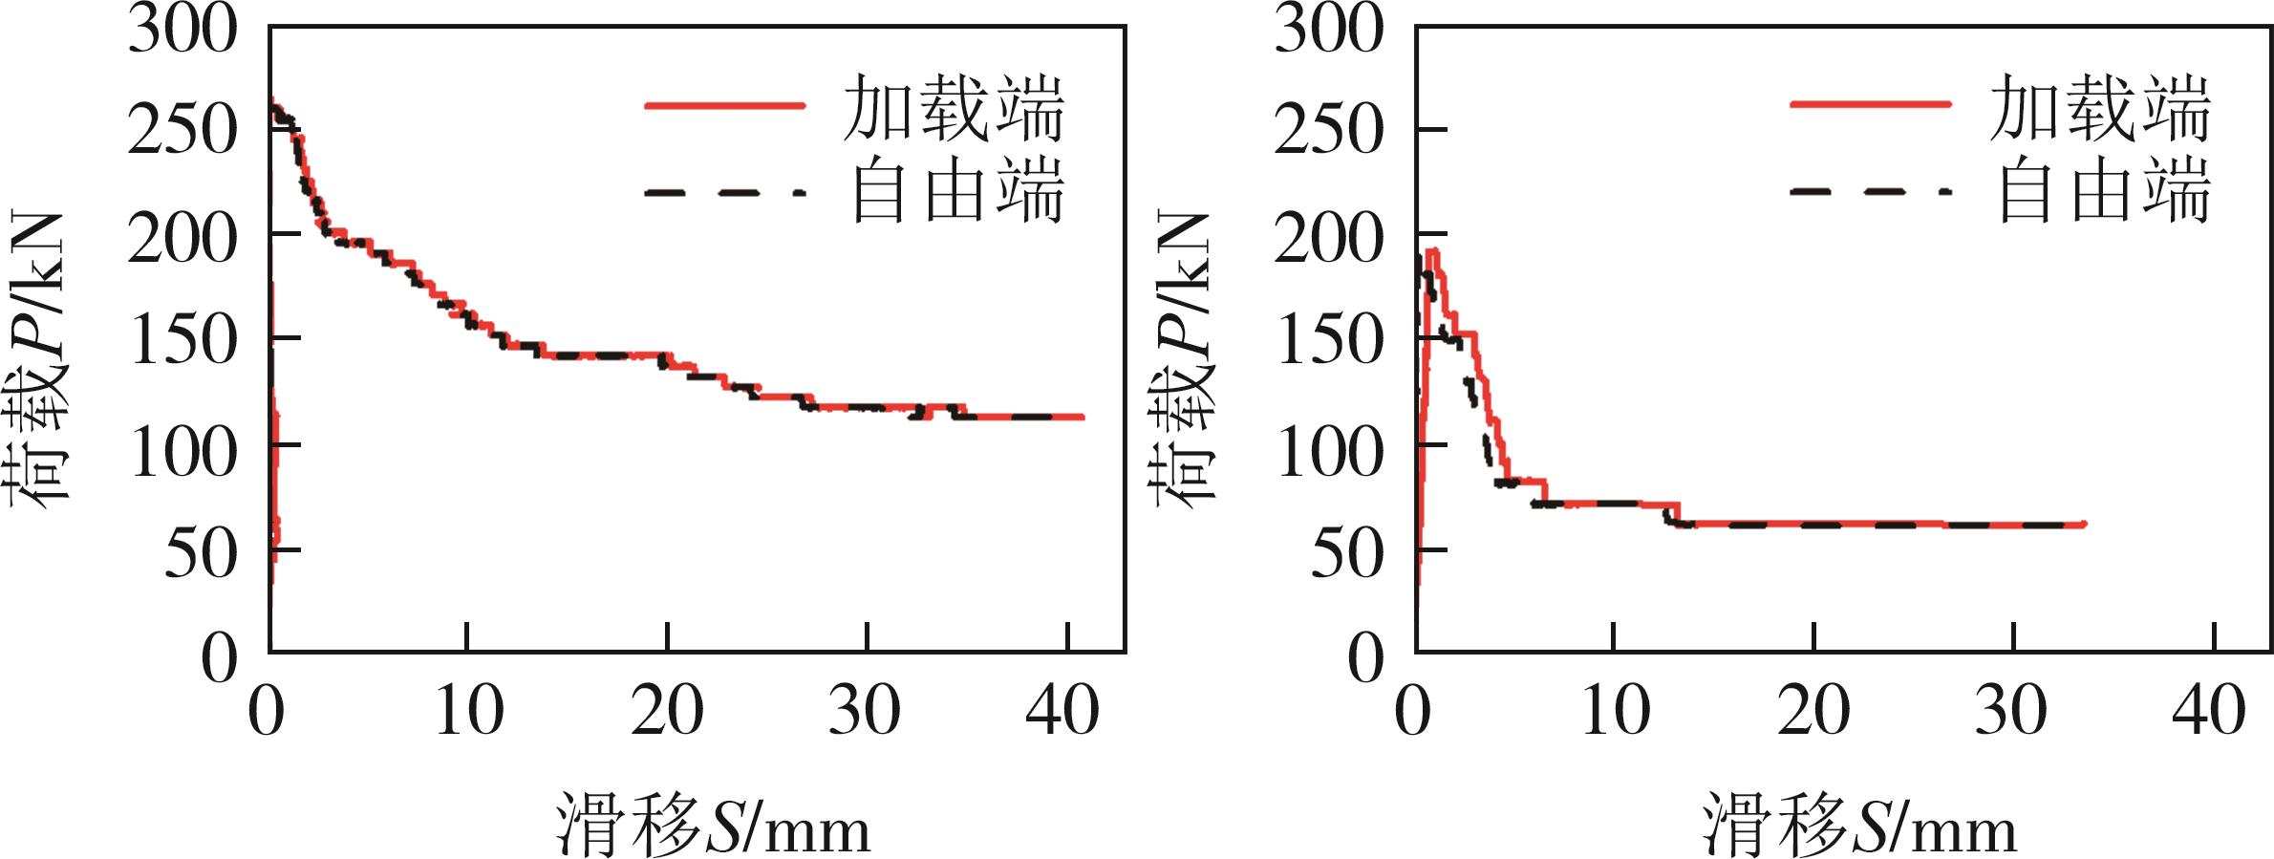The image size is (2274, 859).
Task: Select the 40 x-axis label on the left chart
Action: tap(1062, 712)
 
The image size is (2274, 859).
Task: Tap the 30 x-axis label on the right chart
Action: tap(2010, 712)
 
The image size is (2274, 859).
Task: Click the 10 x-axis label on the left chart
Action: tap(468, 712)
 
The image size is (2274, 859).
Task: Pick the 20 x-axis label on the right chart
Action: tap(1813, 712)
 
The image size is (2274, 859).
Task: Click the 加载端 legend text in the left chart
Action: tap(953, 108)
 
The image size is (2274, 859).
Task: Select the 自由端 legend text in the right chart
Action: tap(2104, 192)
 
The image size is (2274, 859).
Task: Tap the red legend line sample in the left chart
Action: tap(724, 105)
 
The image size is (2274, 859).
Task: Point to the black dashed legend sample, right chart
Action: tap(1870, 192)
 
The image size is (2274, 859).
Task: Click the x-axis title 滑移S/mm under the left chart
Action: tap(713, 824)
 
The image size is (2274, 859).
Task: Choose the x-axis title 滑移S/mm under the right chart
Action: tap(1859, 824)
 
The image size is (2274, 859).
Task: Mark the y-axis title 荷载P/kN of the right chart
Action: tap(1185, 358)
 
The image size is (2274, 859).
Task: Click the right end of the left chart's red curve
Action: tap(1083, 417)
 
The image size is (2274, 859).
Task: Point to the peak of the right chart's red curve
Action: tap(1432, 250)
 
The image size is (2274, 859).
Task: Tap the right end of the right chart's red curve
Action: tap(2084, 525)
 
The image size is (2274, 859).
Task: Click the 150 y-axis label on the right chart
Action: tap(1328, 340)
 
